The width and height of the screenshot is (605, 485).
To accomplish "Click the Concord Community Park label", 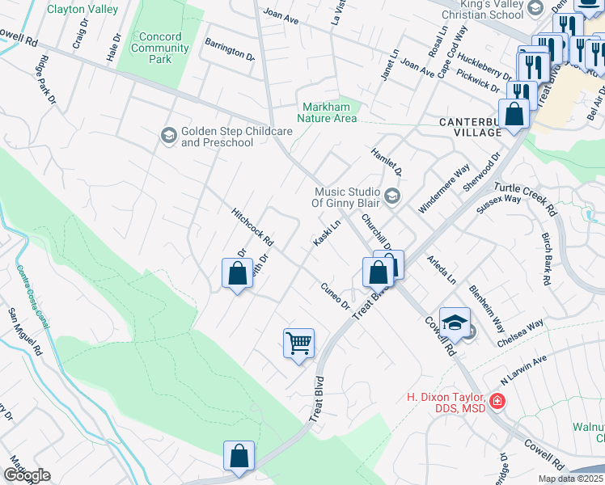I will click(x=160, y=48).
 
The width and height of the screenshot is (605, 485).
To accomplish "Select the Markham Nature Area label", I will click(x=329, y=112).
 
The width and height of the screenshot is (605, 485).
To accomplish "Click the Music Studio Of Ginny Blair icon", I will click(x=392, y=196).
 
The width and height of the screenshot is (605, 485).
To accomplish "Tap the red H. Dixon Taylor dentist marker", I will click(x=497, y=400).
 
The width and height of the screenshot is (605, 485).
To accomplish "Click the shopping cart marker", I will click(x=298, y=344).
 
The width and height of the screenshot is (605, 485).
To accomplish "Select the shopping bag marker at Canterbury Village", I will click(x=514, y=114).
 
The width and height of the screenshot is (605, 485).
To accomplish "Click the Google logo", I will click(x=27, y=475).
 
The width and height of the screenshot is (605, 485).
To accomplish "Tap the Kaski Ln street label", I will click(x=326, y=232).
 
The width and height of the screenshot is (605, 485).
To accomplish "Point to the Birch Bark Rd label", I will click(x=546, y=259).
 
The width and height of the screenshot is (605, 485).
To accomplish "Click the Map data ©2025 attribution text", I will click(x=569, y=479).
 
